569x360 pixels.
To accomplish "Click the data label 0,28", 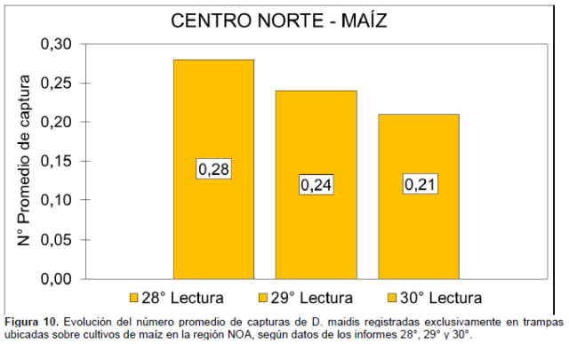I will tap(213, 169).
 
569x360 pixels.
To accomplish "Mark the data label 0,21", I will tap(419, 185).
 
